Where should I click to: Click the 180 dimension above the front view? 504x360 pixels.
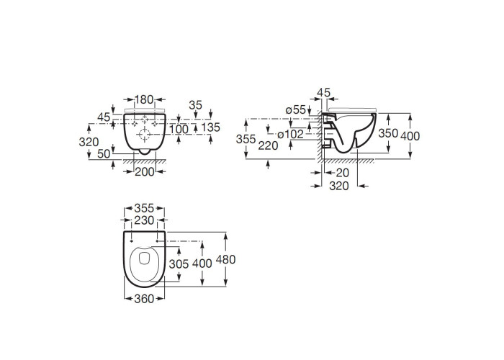pyautogui.click(x=144, y=99)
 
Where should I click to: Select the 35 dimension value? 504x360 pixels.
pyautogui.click(x=195, y=105)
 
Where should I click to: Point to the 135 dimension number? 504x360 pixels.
pyautogui.click(x=211, y=127)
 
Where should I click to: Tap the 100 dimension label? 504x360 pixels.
pyautogui.click(x=179, y=129)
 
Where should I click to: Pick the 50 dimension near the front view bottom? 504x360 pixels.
pyautogui.click(x=104, y=153)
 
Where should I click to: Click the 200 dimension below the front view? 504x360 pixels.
pyautogui.click(x=144, y=172)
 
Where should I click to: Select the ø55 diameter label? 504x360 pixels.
pyautogui.click(x=295, y=109)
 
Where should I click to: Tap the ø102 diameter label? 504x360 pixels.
pyautogui.click(x=290, y=134)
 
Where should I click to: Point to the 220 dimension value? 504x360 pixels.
pyautogui.click(x=268, y=145)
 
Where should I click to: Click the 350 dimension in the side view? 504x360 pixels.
pyautogui.click(x=388, y=133)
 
